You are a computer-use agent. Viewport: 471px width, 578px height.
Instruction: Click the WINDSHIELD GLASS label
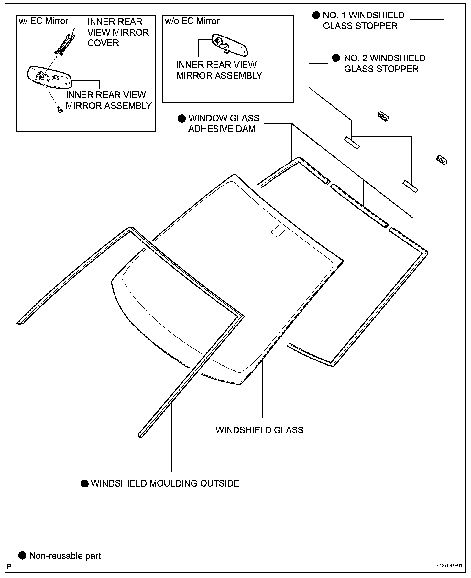click(259, 430)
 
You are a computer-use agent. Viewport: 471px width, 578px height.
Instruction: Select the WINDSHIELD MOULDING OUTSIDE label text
click(165, 483)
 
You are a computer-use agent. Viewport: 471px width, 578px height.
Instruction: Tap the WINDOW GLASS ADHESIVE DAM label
click(224, 123)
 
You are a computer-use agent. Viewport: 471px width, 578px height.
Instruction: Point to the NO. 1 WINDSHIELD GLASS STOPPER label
click(363, 20)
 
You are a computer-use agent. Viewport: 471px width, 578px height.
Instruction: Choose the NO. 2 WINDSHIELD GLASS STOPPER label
click(385, 63)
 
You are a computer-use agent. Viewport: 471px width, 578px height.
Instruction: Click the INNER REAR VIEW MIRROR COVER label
click(118, 32)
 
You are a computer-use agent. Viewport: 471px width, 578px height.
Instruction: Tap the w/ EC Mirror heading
click(44, 21)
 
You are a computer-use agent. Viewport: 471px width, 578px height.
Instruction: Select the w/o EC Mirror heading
click(192, 21)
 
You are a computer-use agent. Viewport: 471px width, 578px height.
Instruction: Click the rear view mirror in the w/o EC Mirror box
click(230, 44)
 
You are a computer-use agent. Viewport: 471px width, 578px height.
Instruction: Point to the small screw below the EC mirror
click(60, 110)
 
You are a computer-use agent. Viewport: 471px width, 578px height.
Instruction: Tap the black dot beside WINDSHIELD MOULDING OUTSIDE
click(85, 484)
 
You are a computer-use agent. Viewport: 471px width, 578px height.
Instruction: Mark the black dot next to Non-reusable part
click(22, 556)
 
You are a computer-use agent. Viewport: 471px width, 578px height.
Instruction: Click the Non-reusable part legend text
click(65, 556)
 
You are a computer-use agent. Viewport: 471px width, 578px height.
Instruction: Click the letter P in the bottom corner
click(9, 566)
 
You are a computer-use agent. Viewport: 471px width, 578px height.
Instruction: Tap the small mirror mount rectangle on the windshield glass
click(279, 230)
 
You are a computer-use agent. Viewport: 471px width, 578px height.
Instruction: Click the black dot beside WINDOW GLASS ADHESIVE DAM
click(182, 118)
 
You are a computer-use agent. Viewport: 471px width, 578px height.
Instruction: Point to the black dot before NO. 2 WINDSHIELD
click(336, 58)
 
